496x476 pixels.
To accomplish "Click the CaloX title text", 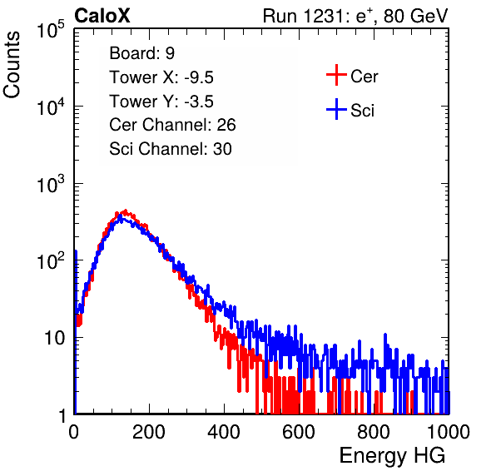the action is (x=102, y=16).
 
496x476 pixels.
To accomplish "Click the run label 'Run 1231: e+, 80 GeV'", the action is (x=355, y=16).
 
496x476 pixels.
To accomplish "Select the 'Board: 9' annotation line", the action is (x=141, y=53).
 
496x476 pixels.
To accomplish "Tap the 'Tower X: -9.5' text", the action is (x=161, y=77).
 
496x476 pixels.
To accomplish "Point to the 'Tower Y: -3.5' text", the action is (x=161, y=102).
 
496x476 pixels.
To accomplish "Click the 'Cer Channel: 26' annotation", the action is (x=172, y=125).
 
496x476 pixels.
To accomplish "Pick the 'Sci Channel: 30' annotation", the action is (x=171, y=149).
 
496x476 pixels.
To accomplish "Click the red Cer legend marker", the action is (x=336, y=75).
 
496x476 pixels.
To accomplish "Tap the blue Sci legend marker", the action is (x=336, y=109).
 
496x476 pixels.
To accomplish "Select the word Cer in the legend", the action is (x=364, y=77).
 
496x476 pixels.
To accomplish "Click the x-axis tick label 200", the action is (x=149, y=432).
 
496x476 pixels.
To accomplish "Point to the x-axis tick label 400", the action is (x=224, y=432).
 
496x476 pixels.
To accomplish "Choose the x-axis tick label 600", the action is (x=299, y=432).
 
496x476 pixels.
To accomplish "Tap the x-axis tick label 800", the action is (x=374, y=432).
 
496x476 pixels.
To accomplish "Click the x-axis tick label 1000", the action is (x=449, y=432).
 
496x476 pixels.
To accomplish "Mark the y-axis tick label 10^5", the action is (x=51, y=30).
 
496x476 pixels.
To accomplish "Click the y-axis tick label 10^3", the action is (x=51, y=184).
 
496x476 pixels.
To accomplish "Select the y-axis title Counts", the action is (x=12, y=65).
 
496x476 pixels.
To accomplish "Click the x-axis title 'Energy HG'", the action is (x=392, y=456).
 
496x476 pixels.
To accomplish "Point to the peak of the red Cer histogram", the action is (x=126, y=211).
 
